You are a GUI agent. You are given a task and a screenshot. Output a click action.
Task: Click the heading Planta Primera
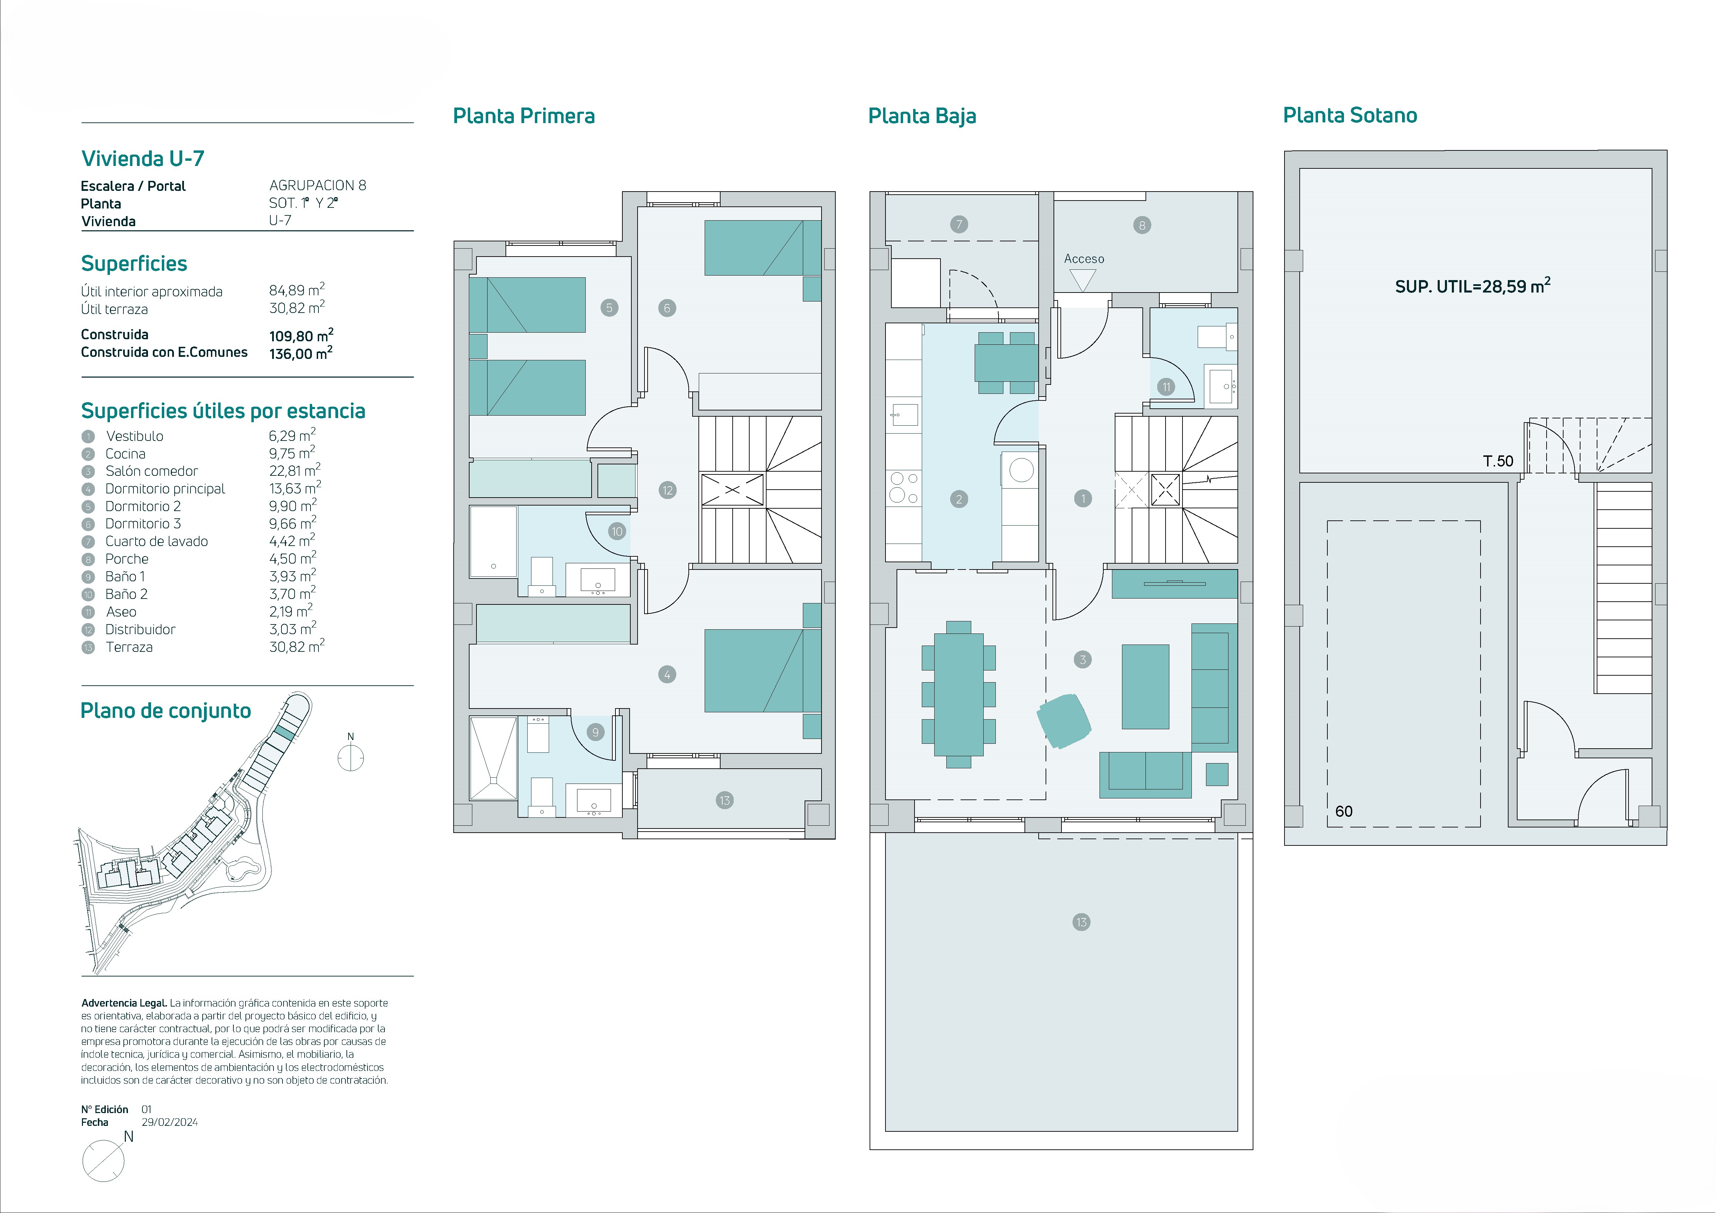(524, 116)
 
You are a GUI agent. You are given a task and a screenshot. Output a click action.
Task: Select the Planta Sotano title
(1350, 115)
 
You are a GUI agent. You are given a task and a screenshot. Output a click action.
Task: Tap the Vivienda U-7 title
(142, 158)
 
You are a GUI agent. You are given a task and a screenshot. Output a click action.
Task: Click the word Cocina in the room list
(126, 454)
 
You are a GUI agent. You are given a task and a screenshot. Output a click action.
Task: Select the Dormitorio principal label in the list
(165, 489)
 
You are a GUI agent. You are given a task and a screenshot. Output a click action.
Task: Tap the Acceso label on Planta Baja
(1084, 259)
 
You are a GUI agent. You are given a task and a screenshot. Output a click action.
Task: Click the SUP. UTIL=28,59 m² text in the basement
(1472, 286)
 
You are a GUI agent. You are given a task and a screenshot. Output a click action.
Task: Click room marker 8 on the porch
(1141, 225)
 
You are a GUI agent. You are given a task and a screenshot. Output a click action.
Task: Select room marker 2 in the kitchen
(959, 499)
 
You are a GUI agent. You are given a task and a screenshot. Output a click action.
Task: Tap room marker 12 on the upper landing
(667, 490)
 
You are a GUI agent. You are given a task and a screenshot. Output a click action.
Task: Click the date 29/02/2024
(170, 1122)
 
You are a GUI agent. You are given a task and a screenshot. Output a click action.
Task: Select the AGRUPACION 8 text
(318, 185)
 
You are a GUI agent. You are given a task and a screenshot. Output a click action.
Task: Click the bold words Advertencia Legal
(124, 1003)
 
